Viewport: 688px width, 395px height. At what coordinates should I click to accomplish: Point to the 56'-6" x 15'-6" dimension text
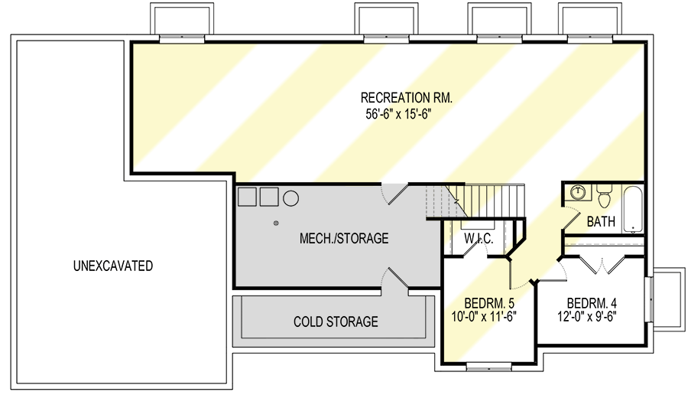click(x=406, y=114)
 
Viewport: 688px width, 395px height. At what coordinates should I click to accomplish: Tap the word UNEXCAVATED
click(x=113, y=266)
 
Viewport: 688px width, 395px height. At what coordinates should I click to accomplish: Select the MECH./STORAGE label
click(x=344, y=239)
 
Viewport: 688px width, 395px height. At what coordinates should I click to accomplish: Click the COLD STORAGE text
click(x=336, y=322)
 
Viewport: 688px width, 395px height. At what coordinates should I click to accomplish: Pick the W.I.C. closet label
click(x=479, y=240)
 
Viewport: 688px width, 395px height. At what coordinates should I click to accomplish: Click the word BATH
click(x=601, y=222)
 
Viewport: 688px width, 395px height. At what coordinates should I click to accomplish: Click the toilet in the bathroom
click(x=605, y=199)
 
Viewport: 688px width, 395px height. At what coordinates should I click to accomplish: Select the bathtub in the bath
click(x=634, y=208)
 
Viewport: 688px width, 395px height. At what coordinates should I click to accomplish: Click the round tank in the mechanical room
click(x=291, y=197)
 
